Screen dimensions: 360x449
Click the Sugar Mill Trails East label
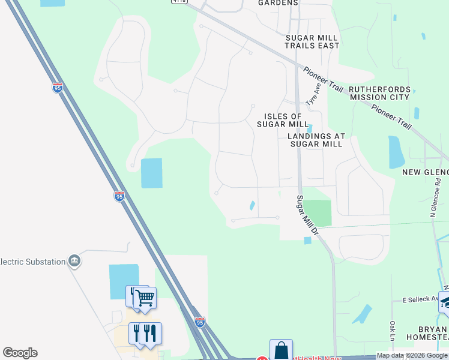[312, 41]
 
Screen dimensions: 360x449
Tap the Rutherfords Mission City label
[380, 93]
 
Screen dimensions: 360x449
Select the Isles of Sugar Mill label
[282, 120]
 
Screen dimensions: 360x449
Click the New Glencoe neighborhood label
[425, 172]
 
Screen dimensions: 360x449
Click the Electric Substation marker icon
[74, 261]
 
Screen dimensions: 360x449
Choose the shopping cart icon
[144, 297]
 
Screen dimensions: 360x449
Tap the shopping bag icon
[281, 350]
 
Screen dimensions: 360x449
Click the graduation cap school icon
[445, 302]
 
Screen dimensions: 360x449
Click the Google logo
[20, 353]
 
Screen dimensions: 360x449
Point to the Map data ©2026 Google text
[412, 355]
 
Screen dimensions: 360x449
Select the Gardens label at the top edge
[278, 3]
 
